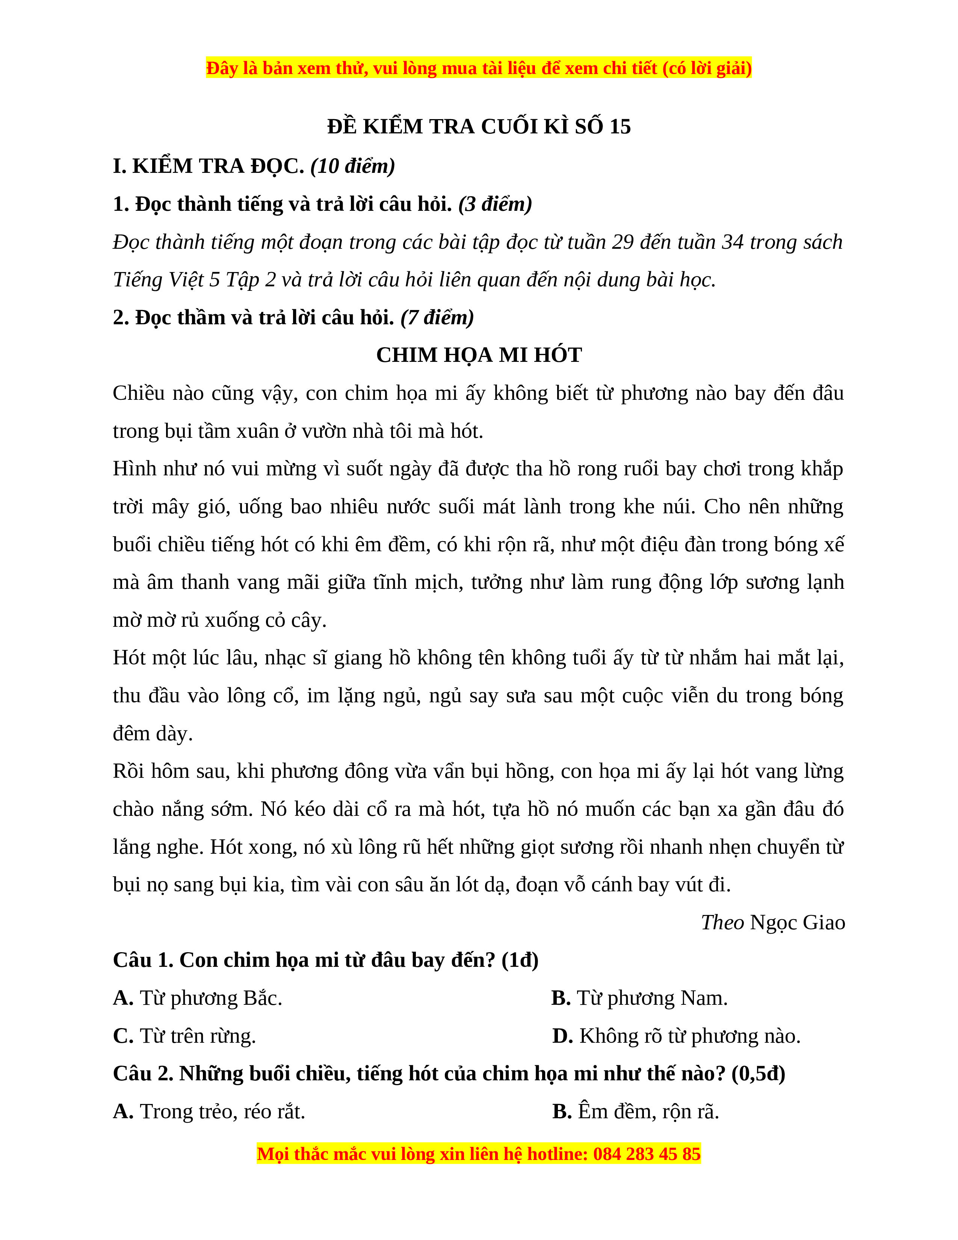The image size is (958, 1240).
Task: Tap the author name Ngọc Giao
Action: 797,922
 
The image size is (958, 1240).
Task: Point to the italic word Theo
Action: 722,922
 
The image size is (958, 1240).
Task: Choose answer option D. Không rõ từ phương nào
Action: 676,1036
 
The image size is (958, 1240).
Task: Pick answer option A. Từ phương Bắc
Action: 198,998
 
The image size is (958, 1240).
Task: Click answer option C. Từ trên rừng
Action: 184,1036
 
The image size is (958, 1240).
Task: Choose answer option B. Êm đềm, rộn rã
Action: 636,1112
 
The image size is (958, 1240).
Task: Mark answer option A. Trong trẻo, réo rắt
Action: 209,1112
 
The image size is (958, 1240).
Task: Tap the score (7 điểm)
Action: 437,318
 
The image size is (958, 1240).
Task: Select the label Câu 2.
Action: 143,1074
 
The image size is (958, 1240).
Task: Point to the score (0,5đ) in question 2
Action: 758,1074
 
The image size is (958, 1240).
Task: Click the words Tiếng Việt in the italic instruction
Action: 158,280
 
